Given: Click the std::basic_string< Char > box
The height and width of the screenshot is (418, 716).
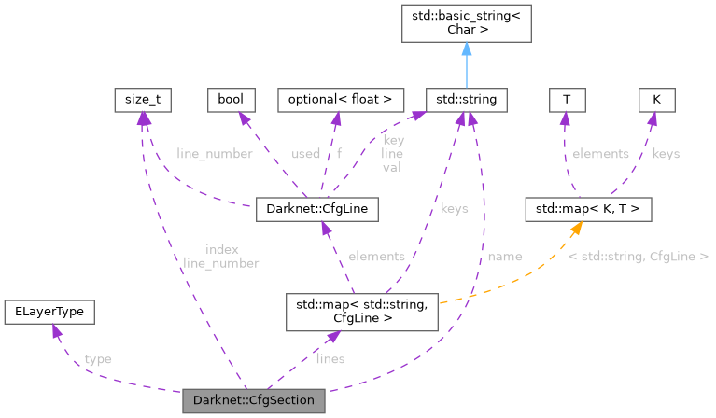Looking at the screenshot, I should click(466, 22).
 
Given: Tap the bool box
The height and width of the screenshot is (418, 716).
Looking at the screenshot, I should click(230, 99).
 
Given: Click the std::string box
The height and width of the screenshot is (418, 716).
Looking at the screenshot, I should click(466, 99).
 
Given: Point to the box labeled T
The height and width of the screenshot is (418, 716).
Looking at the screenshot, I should click(565, 99).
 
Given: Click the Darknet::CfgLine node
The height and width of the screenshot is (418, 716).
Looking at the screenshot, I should click(316, 209).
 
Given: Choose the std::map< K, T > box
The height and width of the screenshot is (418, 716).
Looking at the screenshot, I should click(587, 209).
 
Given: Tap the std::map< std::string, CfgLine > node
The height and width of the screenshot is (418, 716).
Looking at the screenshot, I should click(361, 310).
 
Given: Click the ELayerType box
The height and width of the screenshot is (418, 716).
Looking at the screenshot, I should click(49, 312).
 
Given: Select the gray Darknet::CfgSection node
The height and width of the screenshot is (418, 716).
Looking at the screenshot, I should click(255, 401).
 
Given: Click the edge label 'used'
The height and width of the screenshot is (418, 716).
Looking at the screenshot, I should click(305, 153).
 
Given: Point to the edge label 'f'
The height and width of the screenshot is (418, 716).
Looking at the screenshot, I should click(340, 153).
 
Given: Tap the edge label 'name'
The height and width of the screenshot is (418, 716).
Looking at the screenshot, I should click(505, 256).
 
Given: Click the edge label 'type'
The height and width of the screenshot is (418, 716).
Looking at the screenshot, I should click(97, 358).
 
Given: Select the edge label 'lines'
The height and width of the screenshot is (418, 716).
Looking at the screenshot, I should click(330, 358).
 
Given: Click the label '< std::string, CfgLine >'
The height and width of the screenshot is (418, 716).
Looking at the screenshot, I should click(638, 256).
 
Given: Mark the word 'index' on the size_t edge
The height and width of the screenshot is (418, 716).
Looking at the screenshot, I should click(221, 249).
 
